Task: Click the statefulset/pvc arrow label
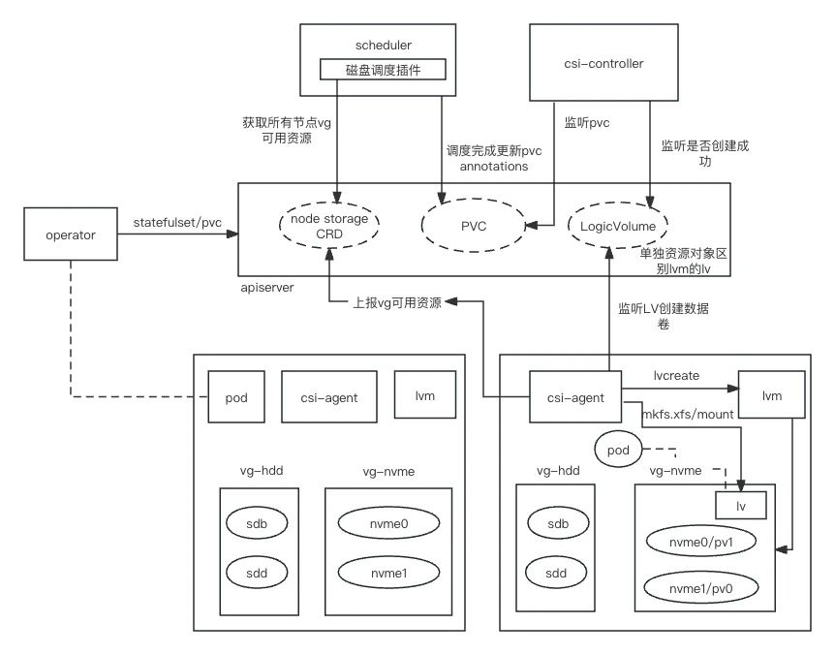click(x=177, y=224)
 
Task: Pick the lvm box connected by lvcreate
click(x=770, y=395)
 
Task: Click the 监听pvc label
click(x=586, y=124)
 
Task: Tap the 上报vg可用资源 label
click(x=397, y=303)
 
